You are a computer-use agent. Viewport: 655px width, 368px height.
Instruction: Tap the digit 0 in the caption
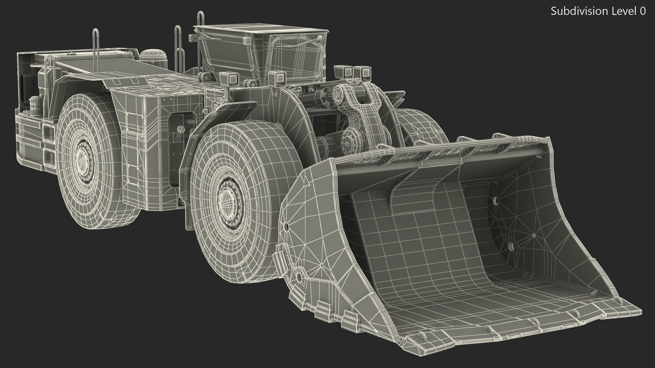[x=642, y=11]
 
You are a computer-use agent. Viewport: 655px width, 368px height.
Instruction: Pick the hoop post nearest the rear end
[x=96, y=44]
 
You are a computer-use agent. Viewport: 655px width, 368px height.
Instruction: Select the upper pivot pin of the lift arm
[x=339, y=93]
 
